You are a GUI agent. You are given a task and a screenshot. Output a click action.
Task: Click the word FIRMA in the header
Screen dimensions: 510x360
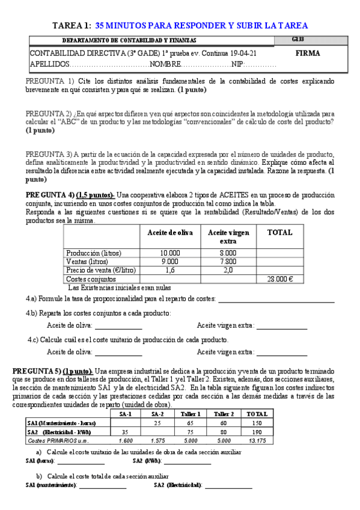(308, 54)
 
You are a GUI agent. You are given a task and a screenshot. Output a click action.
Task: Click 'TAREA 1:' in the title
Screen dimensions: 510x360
(72, 25)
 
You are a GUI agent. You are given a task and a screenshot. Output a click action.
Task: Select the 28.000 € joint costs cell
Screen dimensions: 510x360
(279, 279)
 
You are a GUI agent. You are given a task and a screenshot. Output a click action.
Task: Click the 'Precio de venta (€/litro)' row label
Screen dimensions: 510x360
(100, 270)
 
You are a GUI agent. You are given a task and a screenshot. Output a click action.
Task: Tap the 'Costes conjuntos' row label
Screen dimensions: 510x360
(90, 279)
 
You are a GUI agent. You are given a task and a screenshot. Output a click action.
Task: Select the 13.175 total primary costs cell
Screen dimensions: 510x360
(257, 440)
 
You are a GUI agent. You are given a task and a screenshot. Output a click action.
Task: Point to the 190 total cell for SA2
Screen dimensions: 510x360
(257, 432)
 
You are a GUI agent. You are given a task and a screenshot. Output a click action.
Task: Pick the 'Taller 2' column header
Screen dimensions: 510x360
(224, 414)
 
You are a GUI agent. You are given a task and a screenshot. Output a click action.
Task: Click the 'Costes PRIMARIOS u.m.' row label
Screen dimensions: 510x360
(56, 440)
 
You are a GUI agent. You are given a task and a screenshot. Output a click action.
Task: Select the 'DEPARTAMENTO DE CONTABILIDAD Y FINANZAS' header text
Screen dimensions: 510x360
(129, 40)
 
